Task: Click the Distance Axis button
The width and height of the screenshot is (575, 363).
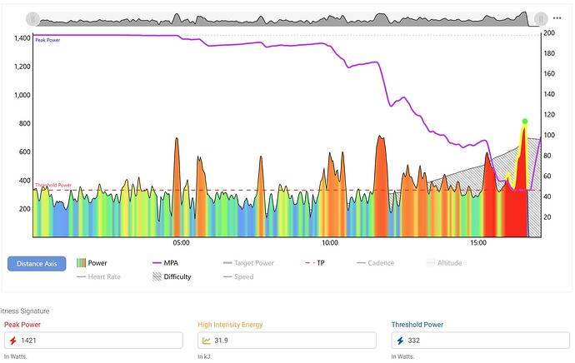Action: click(36, 264)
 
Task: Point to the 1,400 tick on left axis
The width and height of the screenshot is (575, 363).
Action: click(17, 38)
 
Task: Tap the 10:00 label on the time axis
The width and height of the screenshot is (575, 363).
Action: click(330, 244)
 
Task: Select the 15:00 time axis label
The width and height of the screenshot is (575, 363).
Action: click(478, 244)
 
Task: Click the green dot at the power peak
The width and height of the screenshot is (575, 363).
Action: click(524, 122)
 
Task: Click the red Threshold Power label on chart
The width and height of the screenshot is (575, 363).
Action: click(53, 186)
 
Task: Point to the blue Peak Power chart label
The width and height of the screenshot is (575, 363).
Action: click(47, 40)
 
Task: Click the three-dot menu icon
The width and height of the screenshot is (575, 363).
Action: click(557, 17)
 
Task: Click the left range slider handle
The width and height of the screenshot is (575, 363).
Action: click(32, 17)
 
